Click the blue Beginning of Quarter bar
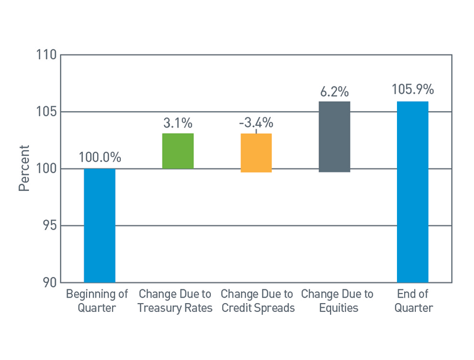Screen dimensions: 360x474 100,225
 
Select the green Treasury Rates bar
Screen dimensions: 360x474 178,151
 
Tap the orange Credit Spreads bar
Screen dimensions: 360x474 256,153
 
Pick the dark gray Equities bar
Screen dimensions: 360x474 334,136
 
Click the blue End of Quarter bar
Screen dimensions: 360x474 412,192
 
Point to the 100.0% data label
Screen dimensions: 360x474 100,158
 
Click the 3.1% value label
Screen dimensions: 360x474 178,123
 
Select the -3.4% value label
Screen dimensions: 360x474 256,123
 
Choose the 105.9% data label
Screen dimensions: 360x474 412,90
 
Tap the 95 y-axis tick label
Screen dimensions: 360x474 49,226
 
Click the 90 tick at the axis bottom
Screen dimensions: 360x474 49,282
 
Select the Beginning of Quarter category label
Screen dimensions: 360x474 97,301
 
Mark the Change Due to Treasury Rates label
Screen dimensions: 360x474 175,301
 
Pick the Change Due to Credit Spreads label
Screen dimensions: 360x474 257,301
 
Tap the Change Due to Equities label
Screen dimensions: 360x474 337,301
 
